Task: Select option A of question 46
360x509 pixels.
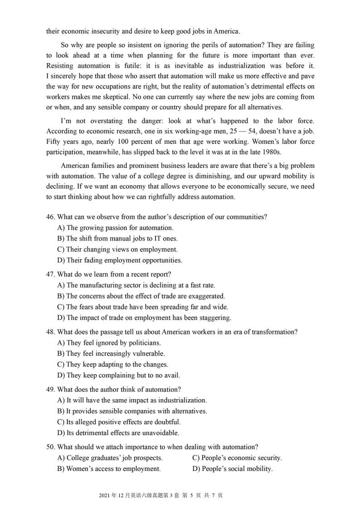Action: pyautogui.click(x=115, y=228)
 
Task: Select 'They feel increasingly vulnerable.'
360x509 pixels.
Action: pyautogui.click(x=111, y=353)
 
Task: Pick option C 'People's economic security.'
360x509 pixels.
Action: pyautogui.click(x=237, y=458)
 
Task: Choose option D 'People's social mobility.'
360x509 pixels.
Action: pyautogui.click(x=233, y=469)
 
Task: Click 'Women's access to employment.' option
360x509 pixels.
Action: pyautogui.click(x=109, y=469)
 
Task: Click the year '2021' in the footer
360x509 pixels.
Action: pyautogui.click(x=105, y=495)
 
